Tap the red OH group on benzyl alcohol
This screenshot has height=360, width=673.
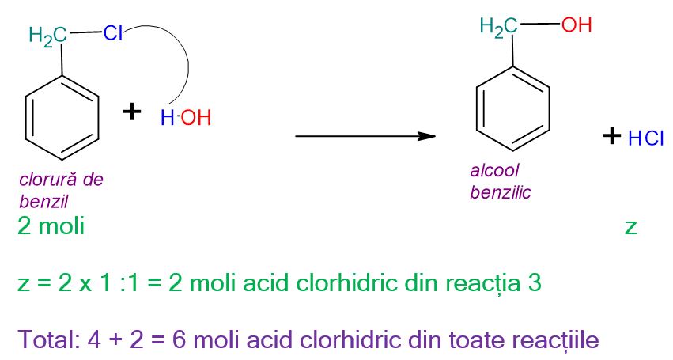[x=576, y=25]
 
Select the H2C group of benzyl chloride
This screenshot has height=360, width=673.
[x=46, y=36]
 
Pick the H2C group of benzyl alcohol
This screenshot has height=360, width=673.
[x=498, y=27]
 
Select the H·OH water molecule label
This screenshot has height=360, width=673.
[x=186, y=119]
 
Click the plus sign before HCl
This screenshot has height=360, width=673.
[x=610, y=136]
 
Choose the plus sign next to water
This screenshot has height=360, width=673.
[x=132, y=112]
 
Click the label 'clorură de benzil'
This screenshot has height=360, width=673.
[x=61, y=188]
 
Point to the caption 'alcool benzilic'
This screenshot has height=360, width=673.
[x=500, y=180]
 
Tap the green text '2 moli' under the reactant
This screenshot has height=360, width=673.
[x=51, y=227]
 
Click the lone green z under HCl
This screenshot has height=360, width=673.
[x=630, y=228]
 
